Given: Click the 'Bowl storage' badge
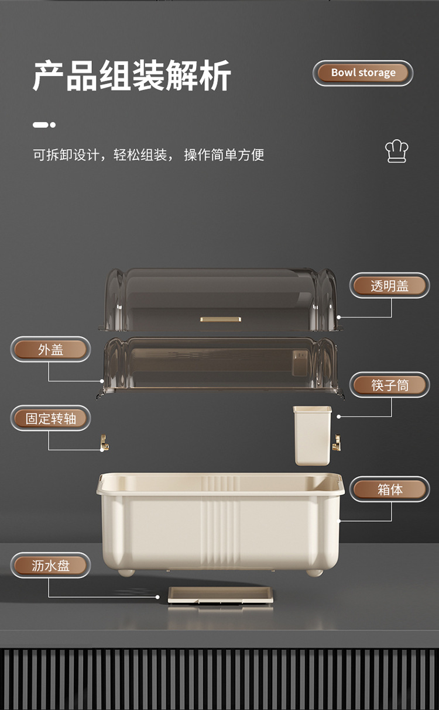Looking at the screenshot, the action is [363, 73].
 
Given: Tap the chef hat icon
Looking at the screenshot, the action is [396, 151].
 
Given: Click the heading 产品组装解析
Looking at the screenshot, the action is [132, 75].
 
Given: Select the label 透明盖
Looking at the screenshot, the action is [389, 285].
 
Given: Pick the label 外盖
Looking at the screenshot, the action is [50, 350].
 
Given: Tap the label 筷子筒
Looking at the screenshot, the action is [389, 385].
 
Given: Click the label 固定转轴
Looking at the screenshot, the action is [50, 418].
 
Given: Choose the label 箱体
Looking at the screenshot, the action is [389, 490].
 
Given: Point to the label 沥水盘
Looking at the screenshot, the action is [50, 566].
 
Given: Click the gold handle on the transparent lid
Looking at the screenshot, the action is [221, 319].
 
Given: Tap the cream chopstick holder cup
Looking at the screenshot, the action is [313, 436].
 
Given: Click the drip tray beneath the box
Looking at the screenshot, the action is [221, 595].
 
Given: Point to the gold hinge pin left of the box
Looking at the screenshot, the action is [104, 443].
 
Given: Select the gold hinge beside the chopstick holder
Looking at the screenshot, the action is [336, 443].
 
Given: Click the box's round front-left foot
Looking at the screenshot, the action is [126, 573].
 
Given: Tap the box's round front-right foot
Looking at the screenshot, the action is [315, 573].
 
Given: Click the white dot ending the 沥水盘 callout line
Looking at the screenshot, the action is [157, 597].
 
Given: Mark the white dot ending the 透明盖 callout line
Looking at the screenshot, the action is [339, 317].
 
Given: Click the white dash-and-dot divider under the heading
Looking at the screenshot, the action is [44, 125].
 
